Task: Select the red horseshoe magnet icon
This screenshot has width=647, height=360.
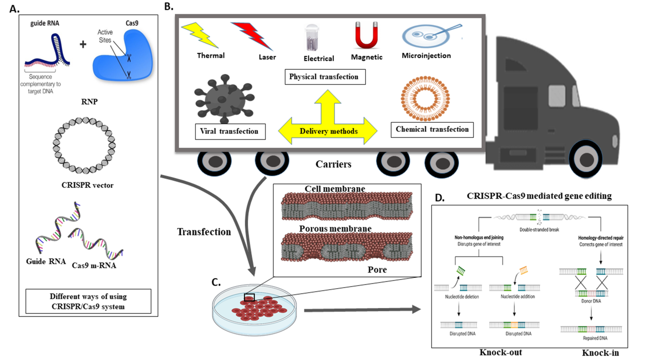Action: click(x=366, y=35)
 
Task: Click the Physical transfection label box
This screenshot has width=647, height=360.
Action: click(x=325, y=77)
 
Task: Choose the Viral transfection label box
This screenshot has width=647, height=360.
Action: click(x=230, y=131)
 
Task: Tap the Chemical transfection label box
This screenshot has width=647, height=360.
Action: click(x=432, y=130)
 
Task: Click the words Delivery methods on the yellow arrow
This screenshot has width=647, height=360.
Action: click(x=329, y=131)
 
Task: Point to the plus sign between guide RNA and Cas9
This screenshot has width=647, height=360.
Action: click(x=83, y=44)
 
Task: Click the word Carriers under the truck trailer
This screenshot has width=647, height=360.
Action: click(x=333, y=164)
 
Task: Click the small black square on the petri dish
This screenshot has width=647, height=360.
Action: click(x=249, y=297)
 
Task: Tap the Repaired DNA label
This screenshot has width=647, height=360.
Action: click(x=595, y=338)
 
